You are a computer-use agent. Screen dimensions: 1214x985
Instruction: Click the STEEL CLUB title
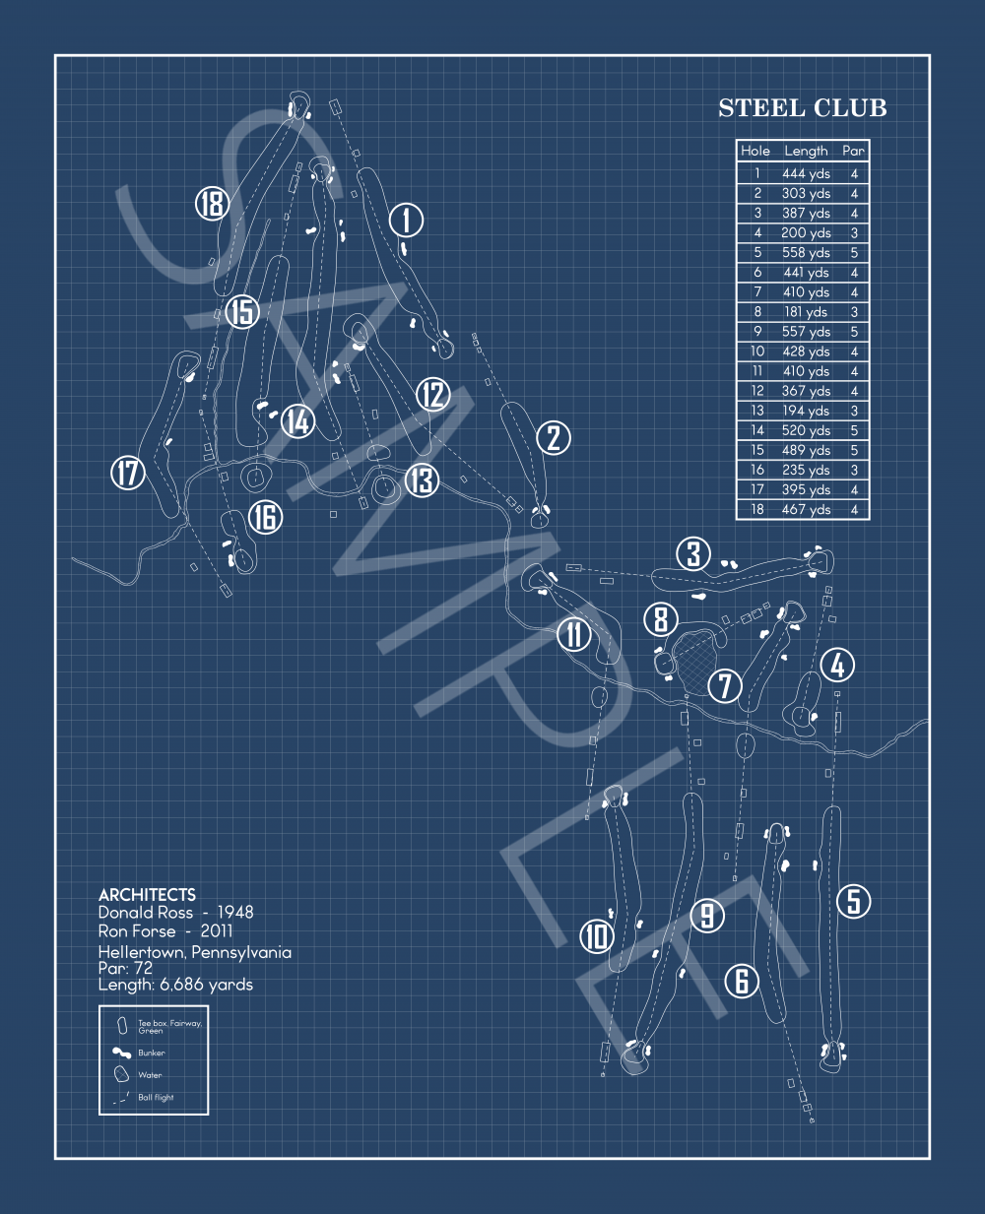[802, 108]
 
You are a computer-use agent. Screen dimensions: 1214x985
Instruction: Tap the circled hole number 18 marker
[212, 204]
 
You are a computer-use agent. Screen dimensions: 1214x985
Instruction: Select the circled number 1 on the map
[406, 220]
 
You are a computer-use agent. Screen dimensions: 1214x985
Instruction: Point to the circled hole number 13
[422, 480]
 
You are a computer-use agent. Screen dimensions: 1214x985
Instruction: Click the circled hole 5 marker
[853, 900]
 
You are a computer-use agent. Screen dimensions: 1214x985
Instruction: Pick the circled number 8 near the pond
[661, 620]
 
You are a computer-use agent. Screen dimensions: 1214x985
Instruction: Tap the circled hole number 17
[128, 473]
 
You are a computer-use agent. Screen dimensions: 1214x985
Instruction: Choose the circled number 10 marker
[596, 935]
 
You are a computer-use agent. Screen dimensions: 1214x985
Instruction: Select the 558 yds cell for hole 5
[806, 253]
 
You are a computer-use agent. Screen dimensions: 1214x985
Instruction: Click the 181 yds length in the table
[806, 312]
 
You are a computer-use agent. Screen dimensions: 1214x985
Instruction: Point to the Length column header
[806, 151]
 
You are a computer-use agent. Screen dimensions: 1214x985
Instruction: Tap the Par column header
[853, 151]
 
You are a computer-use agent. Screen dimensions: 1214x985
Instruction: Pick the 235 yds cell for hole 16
[806, 470]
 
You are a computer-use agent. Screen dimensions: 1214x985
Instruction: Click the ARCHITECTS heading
[147, 895]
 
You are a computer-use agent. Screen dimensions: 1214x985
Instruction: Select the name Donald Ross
[146, 913]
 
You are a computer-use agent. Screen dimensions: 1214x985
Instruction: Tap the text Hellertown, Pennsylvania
[194, 952]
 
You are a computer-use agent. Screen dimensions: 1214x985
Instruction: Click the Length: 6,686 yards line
[175, 985]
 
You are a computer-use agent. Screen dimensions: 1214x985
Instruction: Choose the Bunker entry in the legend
[151, 1053]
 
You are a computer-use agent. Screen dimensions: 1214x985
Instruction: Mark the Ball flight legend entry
[155, 1097]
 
